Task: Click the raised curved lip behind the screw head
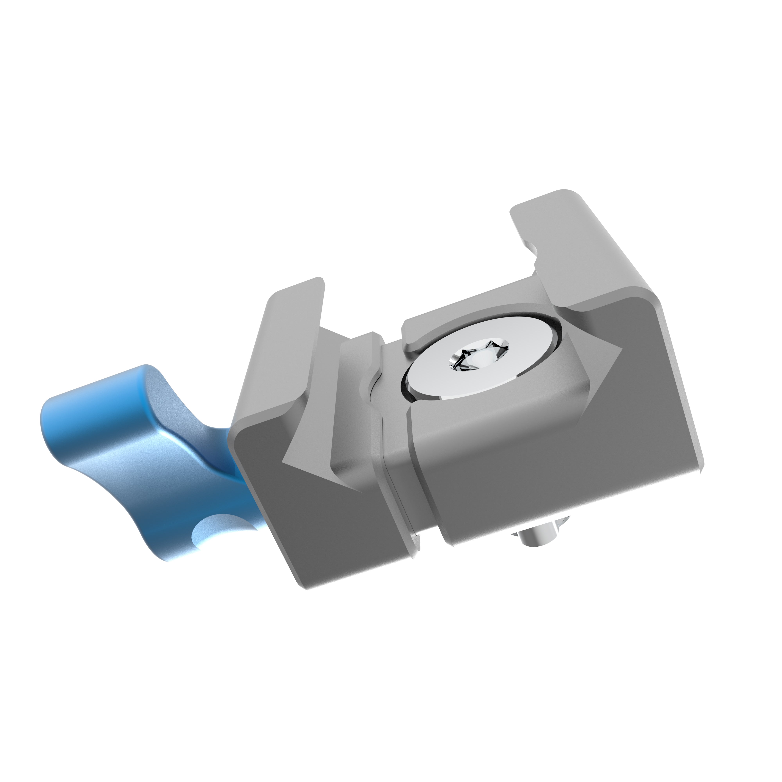[x=478, y=320]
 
